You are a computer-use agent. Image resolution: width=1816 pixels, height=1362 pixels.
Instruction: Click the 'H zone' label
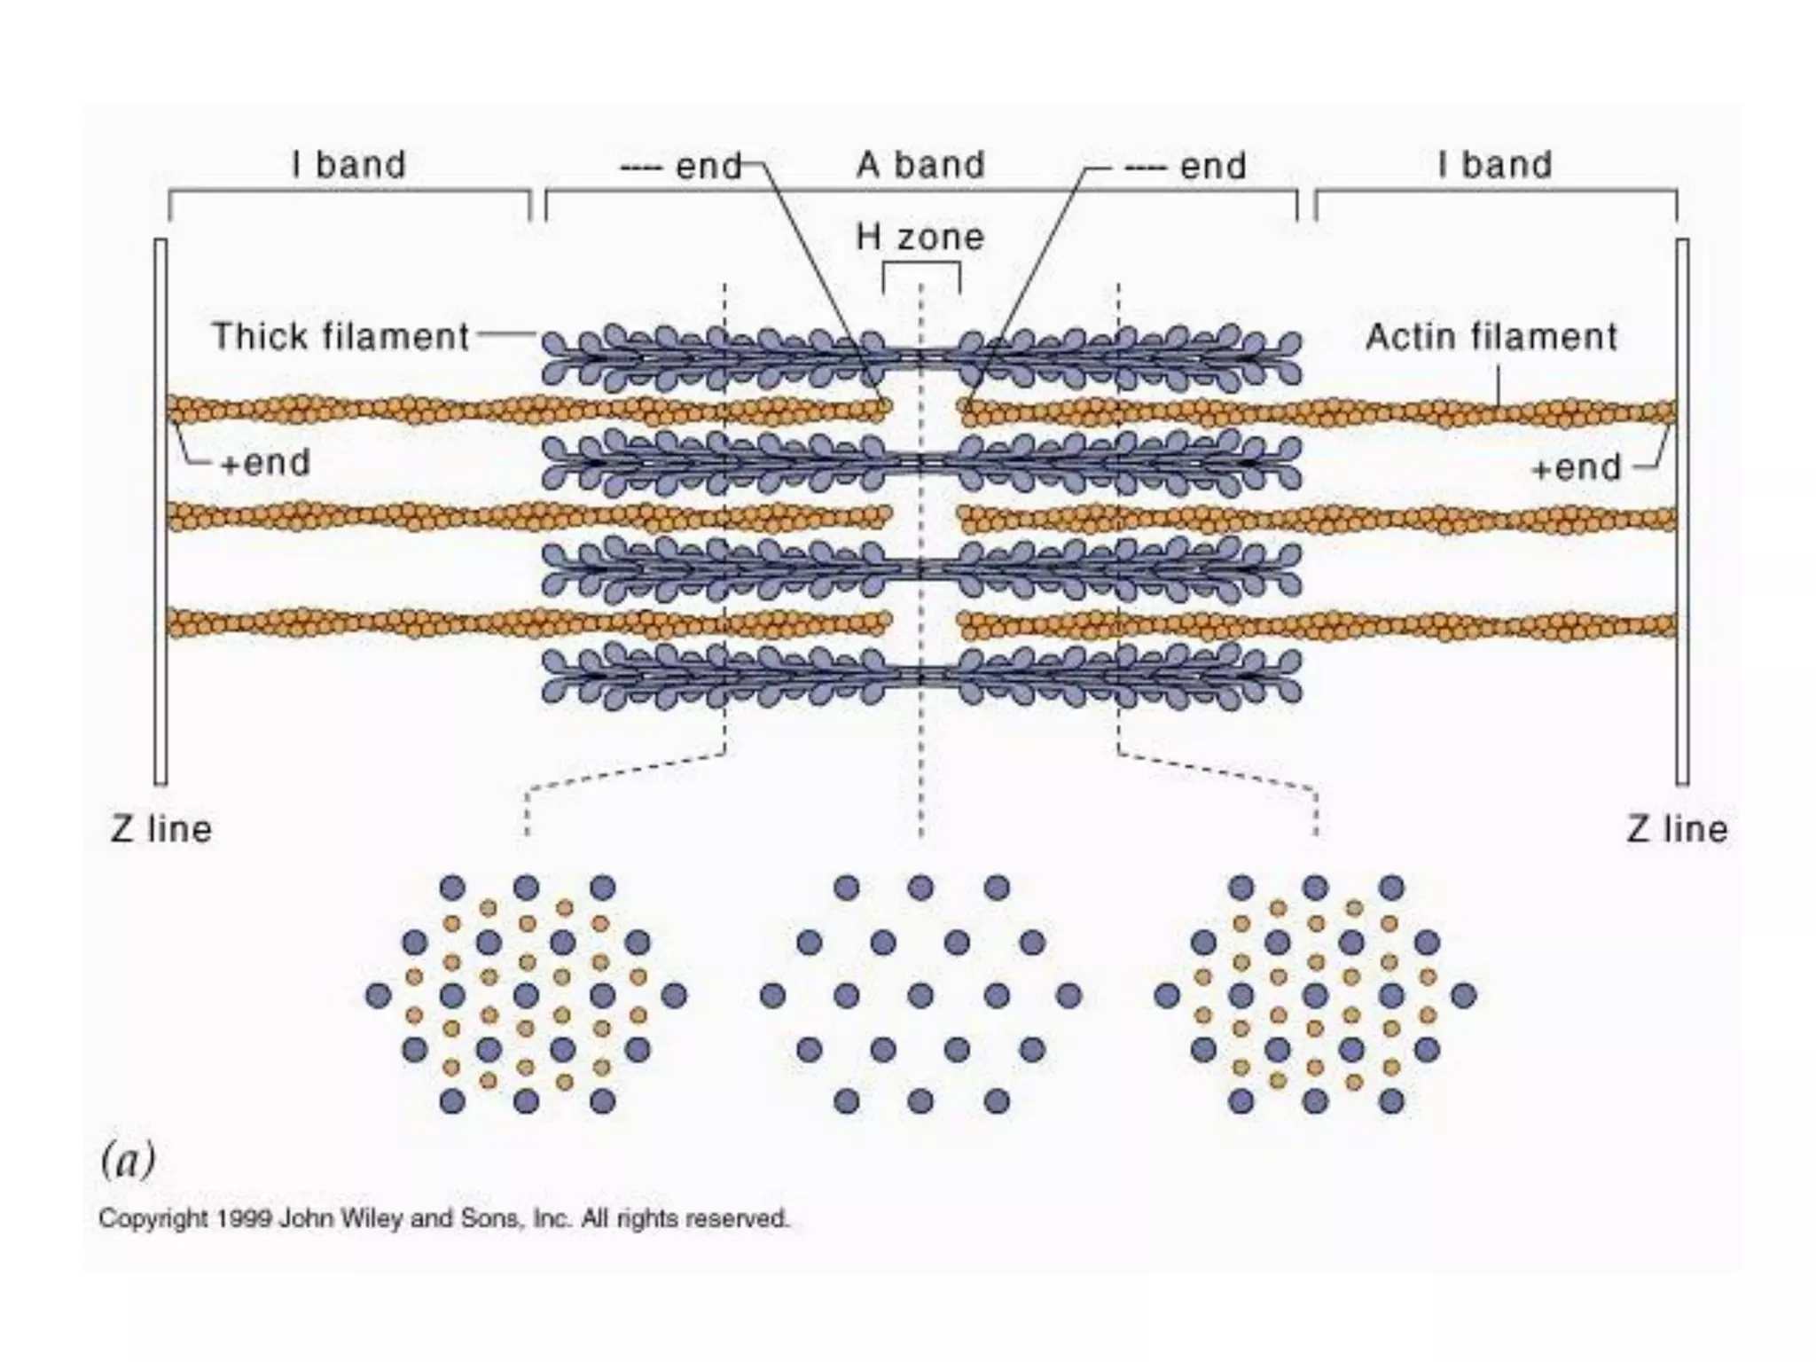(x=920, y=238)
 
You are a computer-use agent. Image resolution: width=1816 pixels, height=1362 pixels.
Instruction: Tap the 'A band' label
(x=920, y=165)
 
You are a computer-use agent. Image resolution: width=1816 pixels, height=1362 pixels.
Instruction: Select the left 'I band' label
(x=348, y=165)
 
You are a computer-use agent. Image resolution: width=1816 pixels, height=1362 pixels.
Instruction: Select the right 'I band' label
(x=1495, y=165)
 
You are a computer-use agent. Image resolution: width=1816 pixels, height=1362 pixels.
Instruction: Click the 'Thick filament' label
(x=340, y=337)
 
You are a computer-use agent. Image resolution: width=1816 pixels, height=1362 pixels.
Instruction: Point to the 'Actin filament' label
(x=1491, y=337)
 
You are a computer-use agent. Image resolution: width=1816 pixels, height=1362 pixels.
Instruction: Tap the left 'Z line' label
(x=161, y=830)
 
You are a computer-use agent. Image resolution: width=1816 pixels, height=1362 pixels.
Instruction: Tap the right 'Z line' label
(x=1677, y=830)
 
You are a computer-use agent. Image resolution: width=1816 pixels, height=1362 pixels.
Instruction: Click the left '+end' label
(x=265, y=463)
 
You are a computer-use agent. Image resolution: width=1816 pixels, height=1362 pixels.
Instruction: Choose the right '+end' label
(x=1576, y=467)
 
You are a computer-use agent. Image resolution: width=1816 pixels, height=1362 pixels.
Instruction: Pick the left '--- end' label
(x=680, y=166)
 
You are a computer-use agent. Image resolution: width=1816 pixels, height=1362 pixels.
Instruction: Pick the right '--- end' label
(x=1185, y=166)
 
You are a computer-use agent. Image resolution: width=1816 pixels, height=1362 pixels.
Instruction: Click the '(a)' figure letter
(x=128, y=1160)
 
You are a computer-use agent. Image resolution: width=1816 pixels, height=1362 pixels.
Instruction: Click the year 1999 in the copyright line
(x=244, y=1219)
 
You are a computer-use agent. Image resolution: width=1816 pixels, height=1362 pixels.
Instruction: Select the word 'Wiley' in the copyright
(x=377, y=1219)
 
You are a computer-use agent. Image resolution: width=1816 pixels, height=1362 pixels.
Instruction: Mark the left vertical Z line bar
(x=160, y=512)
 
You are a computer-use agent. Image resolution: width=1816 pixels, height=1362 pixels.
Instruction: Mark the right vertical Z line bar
(x=1682, y=512)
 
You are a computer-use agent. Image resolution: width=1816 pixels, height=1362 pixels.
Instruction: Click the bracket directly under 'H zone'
(x=921, y=266)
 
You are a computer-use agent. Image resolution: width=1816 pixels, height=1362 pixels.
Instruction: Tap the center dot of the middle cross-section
(x=920, y=996)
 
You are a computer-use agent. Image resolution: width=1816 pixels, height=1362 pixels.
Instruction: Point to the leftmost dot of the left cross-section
(x=379, y=996)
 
